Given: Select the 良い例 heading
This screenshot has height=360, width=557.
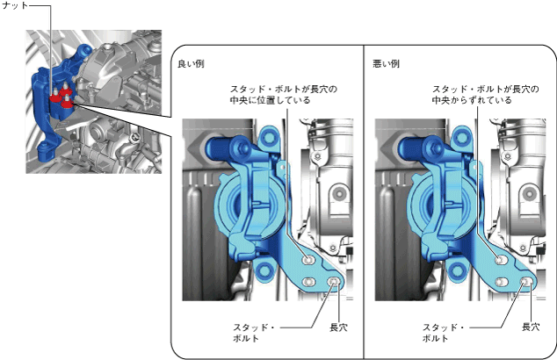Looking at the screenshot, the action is pyautogui.click(x=191, y=64).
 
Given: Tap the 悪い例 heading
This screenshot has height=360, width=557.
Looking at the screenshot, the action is pyautogui.click(x=387, y=64).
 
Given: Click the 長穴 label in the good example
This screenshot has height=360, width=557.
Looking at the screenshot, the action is pyautogui.click(x=338, y=327).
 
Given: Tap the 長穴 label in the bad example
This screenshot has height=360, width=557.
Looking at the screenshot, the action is pyautogui.click(x=530, y=327).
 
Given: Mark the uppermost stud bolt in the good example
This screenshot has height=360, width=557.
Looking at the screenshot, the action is pyautogui.click(x=306, y=261).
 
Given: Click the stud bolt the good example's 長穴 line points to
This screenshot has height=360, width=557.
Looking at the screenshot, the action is pyautogui.click(x=335, y=282).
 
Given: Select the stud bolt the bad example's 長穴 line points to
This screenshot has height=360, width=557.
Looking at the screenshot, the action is pyautogui.click(x=527, y=282).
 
